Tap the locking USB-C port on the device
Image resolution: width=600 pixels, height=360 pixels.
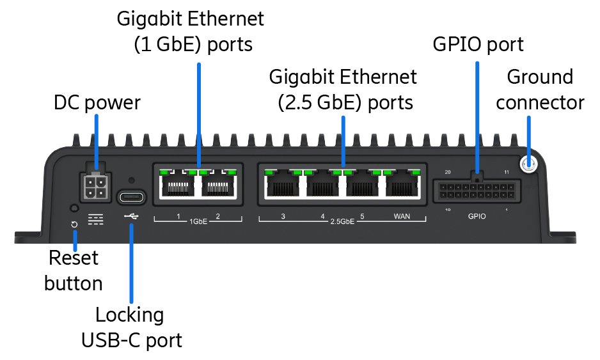(132, 196)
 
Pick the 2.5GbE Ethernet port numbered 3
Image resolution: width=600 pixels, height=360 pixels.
(282, 187)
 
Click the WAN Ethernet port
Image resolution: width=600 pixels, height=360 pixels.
(402, 187)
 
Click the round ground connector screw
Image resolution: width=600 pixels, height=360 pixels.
(528, 165)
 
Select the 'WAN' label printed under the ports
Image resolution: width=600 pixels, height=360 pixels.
(402, 217)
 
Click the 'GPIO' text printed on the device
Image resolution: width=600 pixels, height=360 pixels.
(477, 216)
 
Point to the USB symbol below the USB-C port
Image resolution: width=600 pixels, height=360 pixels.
(131, 217)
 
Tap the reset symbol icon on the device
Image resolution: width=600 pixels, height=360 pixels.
(74, 224)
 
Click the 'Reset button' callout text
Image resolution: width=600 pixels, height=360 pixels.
(74, 270)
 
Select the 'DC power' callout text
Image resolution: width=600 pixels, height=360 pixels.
(97, 102)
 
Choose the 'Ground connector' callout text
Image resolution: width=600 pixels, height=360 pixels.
(540, 90)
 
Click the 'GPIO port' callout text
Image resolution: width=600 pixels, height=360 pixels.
(478, 44)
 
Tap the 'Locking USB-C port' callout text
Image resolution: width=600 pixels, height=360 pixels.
(131, 327)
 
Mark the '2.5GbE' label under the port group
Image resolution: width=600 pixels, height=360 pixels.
(342, 222)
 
